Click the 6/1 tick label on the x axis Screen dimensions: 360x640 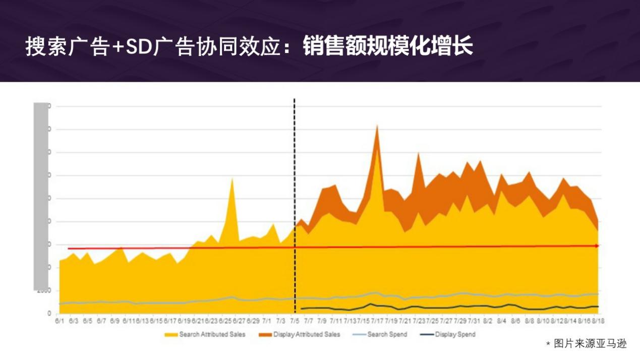point(59,321)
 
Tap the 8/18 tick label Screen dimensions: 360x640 point(598,321)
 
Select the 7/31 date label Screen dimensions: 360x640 point(474,321)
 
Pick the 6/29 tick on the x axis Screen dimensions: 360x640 point(254,321)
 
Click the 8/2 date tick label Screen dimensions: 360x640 point(488,321)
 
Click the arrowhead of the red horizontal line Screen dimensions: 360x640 point(597,246)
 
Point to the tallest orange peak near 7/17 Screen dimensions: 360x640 point(376,126)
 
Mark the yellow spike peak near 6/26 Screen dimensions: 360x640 point(232,178)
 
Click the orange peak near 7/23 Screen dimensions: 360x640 point(418,153)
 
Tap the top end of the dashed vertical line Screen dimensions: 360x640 point(295,100)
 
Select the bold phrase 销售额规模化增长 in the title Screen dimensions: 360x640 point(388,47)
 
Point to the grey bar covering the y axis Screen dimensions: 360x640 point(41,197)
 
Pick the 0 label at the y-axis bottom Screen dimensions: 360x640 point(49,314)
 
